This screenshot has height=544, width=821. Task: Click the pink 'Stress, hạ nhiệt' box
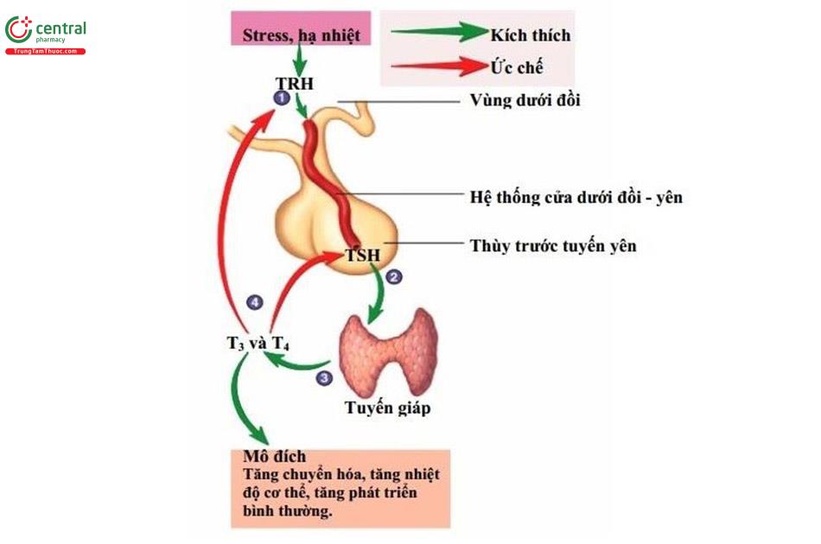coord(301,35)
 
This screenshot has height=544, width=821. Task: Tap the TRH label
coord(294,84)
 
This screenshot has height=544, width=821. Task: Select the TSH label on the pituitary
coord(362,255)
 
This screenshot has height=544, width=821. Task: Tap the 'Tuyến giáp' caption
coord(386,408)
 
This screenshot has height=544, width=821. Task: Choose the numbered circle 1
coord(280,99)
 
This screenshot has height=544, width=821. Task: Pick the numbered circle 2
coord(394,277)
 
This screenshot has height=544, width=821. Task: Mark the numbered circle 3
coord(324,377)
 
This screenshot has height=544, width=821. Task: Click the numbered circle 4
coord(254,301)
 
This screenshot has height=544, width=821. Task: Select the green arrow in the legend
coord(439,33)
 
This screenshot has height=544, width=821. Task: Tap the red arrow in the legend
coord(439,66)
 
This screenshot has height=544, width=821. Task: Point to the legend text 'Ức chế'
coord(516,67)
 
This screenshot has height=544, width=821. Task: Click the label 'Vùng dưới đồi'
coord(525,100)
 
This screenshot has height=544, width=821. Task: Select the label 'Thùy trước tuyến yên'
coord(553,245)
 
